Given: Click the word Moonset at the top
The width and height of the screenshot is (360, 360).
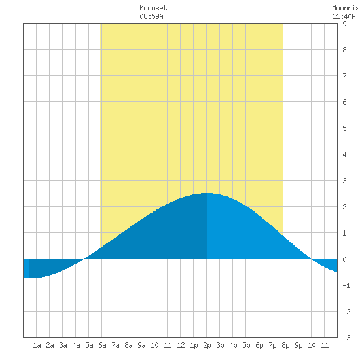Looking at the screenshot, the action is (x=153, y=9).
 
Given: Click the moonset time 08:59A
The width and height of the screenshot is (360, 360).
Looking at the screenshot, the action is (x=152, y=16).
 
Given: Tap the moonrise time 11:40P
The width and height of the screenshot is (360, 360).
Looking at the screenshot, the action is (x=344, y=16).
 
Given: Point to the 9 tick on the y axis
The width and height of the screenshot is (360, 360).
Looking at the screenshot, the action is (x=344, y=24).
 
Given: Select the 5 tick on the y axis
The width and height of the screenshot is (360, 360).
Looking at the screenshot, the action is (x=344, y=128).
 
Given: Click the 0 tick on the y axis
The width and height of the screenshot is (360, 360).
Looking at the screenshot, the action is (x=344, y=259).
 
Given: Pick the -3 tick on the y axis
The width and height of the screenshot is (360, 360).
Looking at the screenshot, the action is (x=346, y=338).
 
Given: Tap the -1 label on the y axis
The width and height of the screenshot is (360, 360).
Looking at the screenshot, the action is (x=346, y=285).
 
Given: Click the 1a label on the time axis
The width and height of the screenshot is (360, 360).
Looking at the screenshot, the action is (x=37, y=345).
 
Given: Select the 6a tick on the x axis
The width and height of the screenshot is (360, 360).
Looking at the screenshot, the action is (x=102, y=345).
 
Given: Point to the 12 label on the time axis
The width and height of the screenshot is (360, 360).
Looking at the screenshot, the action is (x=181, y=345).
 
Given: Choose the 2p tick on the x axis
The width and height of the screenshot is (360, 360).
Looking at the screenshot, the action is (x=207, y=345).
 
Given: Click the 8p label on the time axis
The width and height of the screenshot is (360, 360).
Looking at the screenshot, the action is (x=285, y=345).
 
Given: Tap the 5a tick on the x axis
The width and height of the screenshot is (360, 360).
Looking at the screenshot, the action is (x=89, y=345).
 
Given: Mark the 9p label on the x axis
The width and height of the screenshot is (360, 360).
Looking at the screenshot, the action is (x=298, y=345).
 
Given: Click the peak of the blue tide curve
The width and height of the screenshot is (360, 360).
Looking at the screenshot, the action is (x=207, y=193).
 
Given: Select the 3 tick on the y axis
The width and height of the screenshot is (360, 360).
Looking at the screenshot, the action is (x=344, y=181).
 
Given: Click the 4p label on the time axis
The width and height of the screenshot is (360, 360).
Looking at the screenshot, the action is (x=233, y=345).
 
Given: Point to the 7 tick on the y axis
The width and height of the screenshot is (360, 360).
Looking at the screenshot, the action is (x=344, y=76).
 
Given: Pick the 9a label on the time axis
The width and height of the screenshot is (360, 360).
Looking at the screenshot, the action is (x=141, y=345).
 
